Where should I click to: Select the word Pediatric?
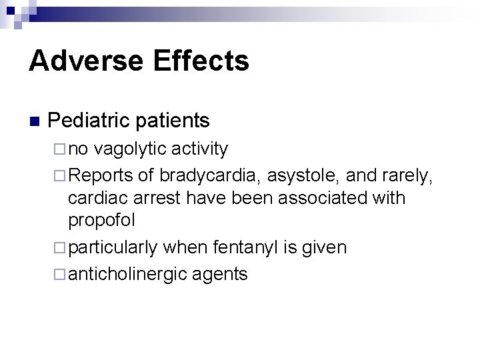91,121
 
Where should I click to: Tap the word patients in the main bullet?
174,121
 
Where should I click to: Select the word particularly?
113,248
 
